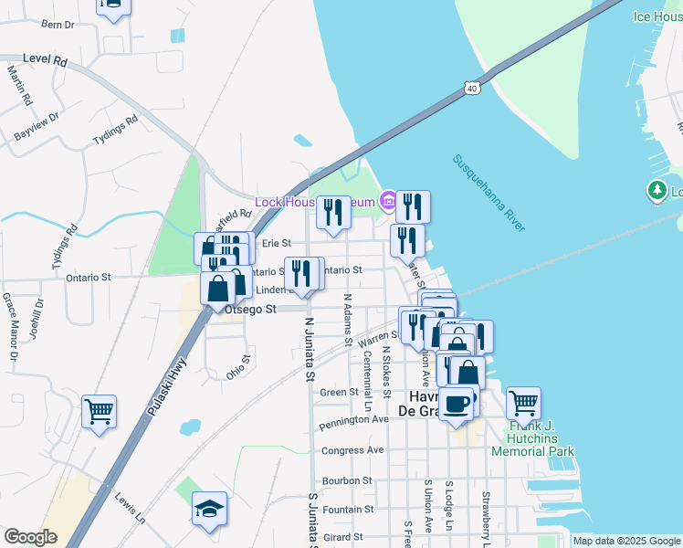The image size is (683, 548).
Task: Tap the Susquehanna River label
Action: (x=489, y=194)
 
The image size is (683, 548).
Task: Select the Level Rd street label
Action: (x=46, y=60)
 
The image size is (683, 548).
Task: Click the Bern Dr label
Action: (x=58, y=25)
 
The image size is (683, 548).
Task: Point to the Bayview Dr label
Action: (x=37, y=126)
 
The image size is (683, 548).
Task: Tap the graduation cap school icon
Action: (x=209, y=509)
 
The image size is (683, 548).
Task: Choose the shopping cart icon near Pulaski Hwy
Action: (x=99, y=409)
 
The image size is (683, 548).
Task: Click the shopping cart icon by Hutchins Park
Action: (x=523, y=402)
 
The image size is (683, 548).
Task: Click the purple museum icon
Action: (x=387, y=200)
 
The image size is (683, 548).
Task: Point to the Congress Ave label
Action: (x=352, y=450)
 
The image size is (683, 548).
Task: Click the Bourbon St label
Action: (x=347, y=479)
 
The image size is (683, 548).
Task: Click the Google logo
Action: (x=30, y=537)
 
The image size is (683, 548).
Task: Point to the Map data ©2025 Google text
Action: (x=626, y=541)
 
